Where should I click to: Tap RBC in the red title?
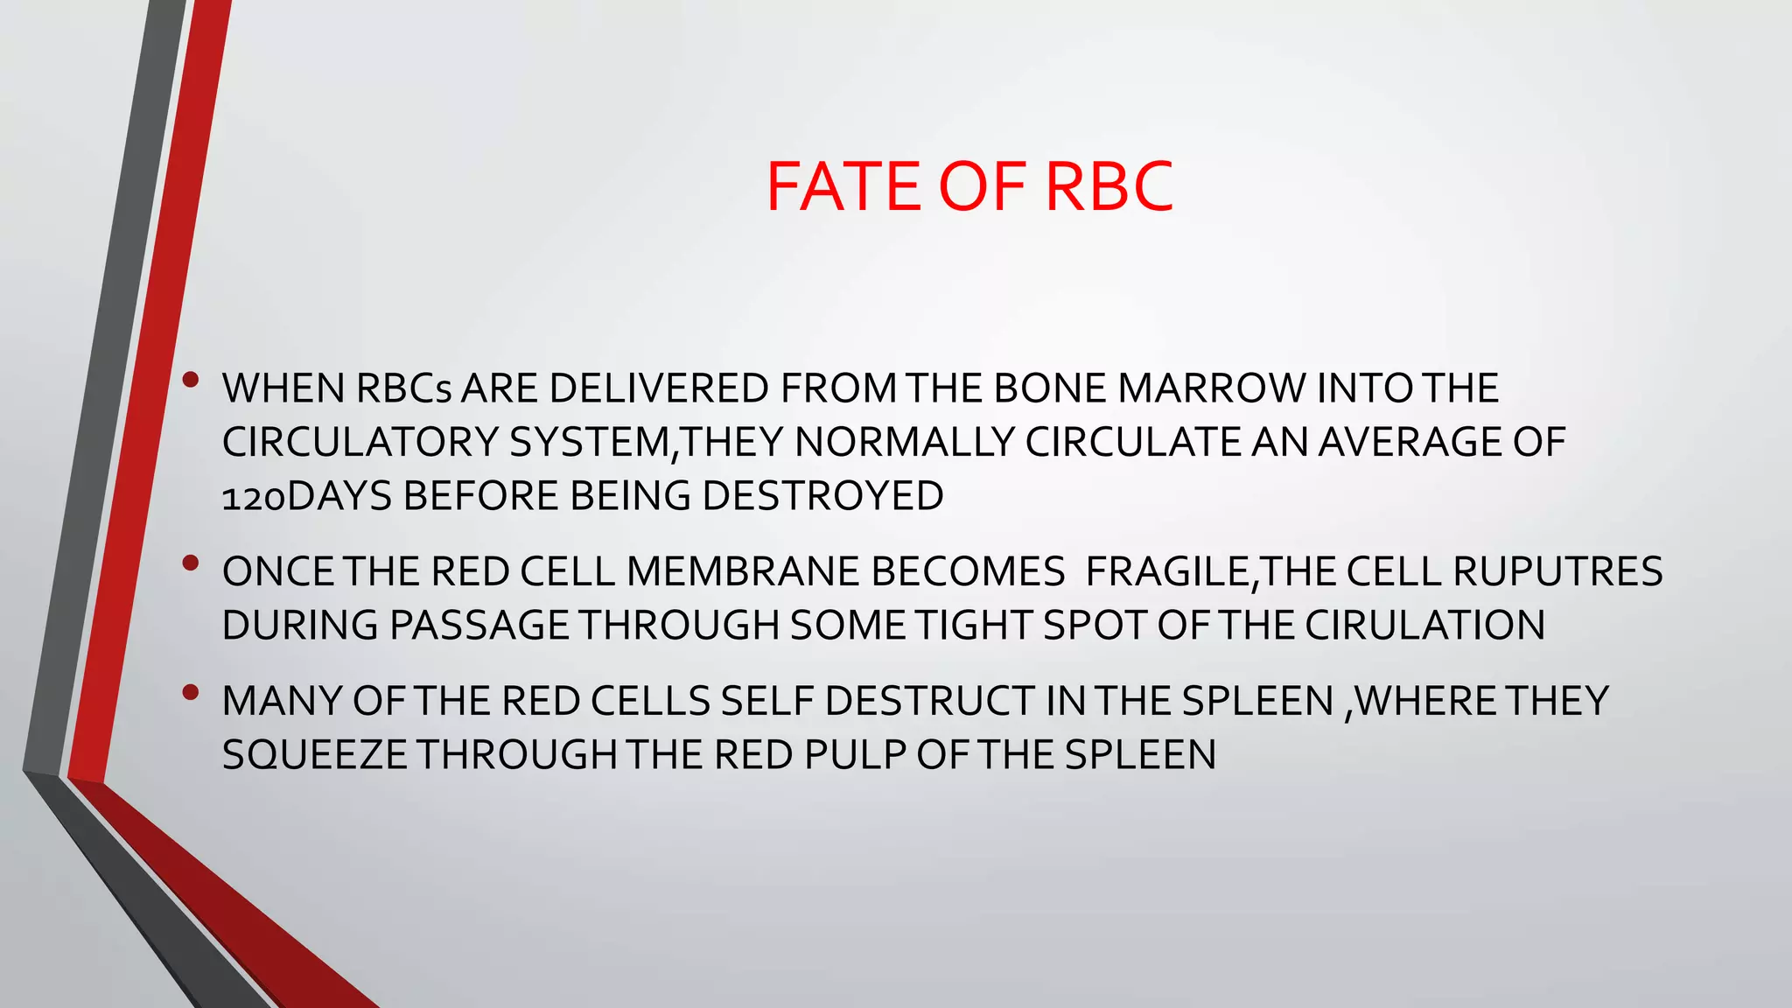[x=1109, y=186]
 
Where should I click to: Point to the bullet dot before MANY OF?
[x=191, y=693]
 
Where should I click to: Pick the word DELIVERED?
[x=658, y=388]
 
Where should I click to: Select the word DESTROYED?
[x=822, y=496]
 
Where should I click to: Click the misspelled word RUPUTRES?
[x=1557, y=572]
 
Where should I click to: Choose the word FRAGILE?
[x=1167, y=572]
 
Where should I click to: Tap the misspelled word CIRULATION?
[x=1424, y=626]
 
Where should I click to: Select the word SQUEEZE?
[x=315, y=755]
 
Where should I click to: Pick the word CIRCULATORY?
[x=360, y=442]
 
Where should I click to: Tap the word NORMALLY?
[x=904, y=442]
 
